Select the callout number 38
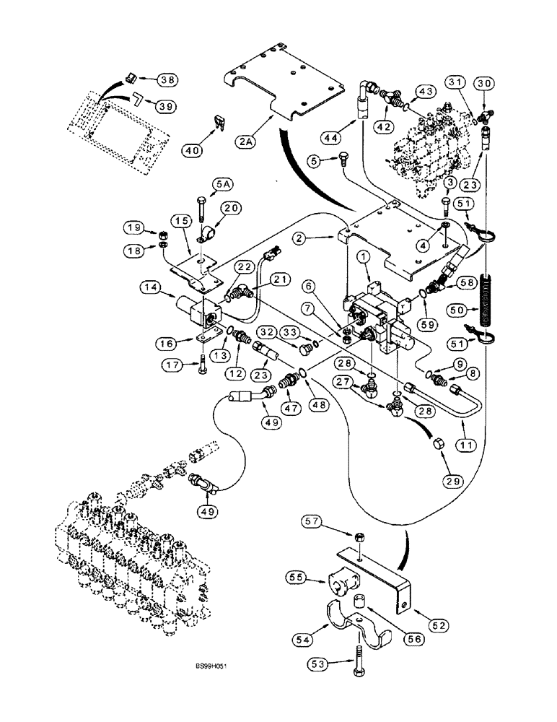168,79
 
